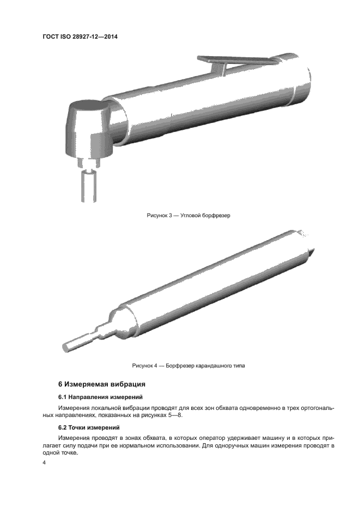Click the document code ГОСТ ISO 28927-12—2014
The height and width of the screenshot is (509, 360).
click(x=81, y=37)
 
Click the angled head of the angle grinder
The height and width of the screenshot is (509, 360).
click(x=87, y=128)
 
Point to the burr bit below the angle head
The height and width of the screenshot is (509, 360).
click(x=88, y=185)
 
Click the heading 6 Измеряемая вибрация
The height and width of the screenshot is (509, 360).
click(x=102, y=384)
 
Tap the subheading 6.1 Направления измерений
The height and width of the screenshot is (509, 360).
click(x=100, y=397)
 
